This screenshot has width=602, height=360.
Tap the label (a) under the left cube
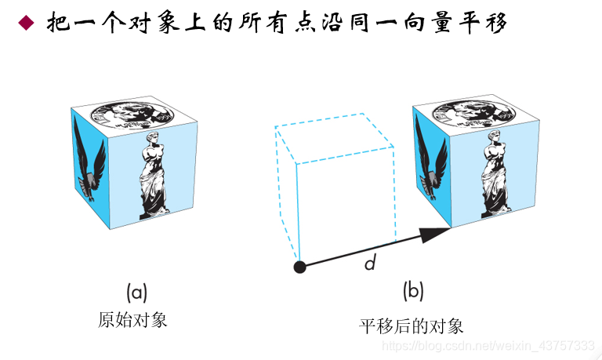coord(137,292)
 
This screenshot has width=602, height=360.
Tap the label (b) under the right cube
coord(413,292)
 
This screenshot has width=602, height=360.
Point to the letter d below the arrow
coord(370,263)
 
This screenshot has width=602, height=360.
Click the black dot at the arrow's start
coord(299,267)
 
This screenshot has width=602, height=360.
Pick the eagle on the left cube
coord(88,161)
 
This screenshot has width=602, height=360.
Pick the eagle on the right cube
coord(430,161)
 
